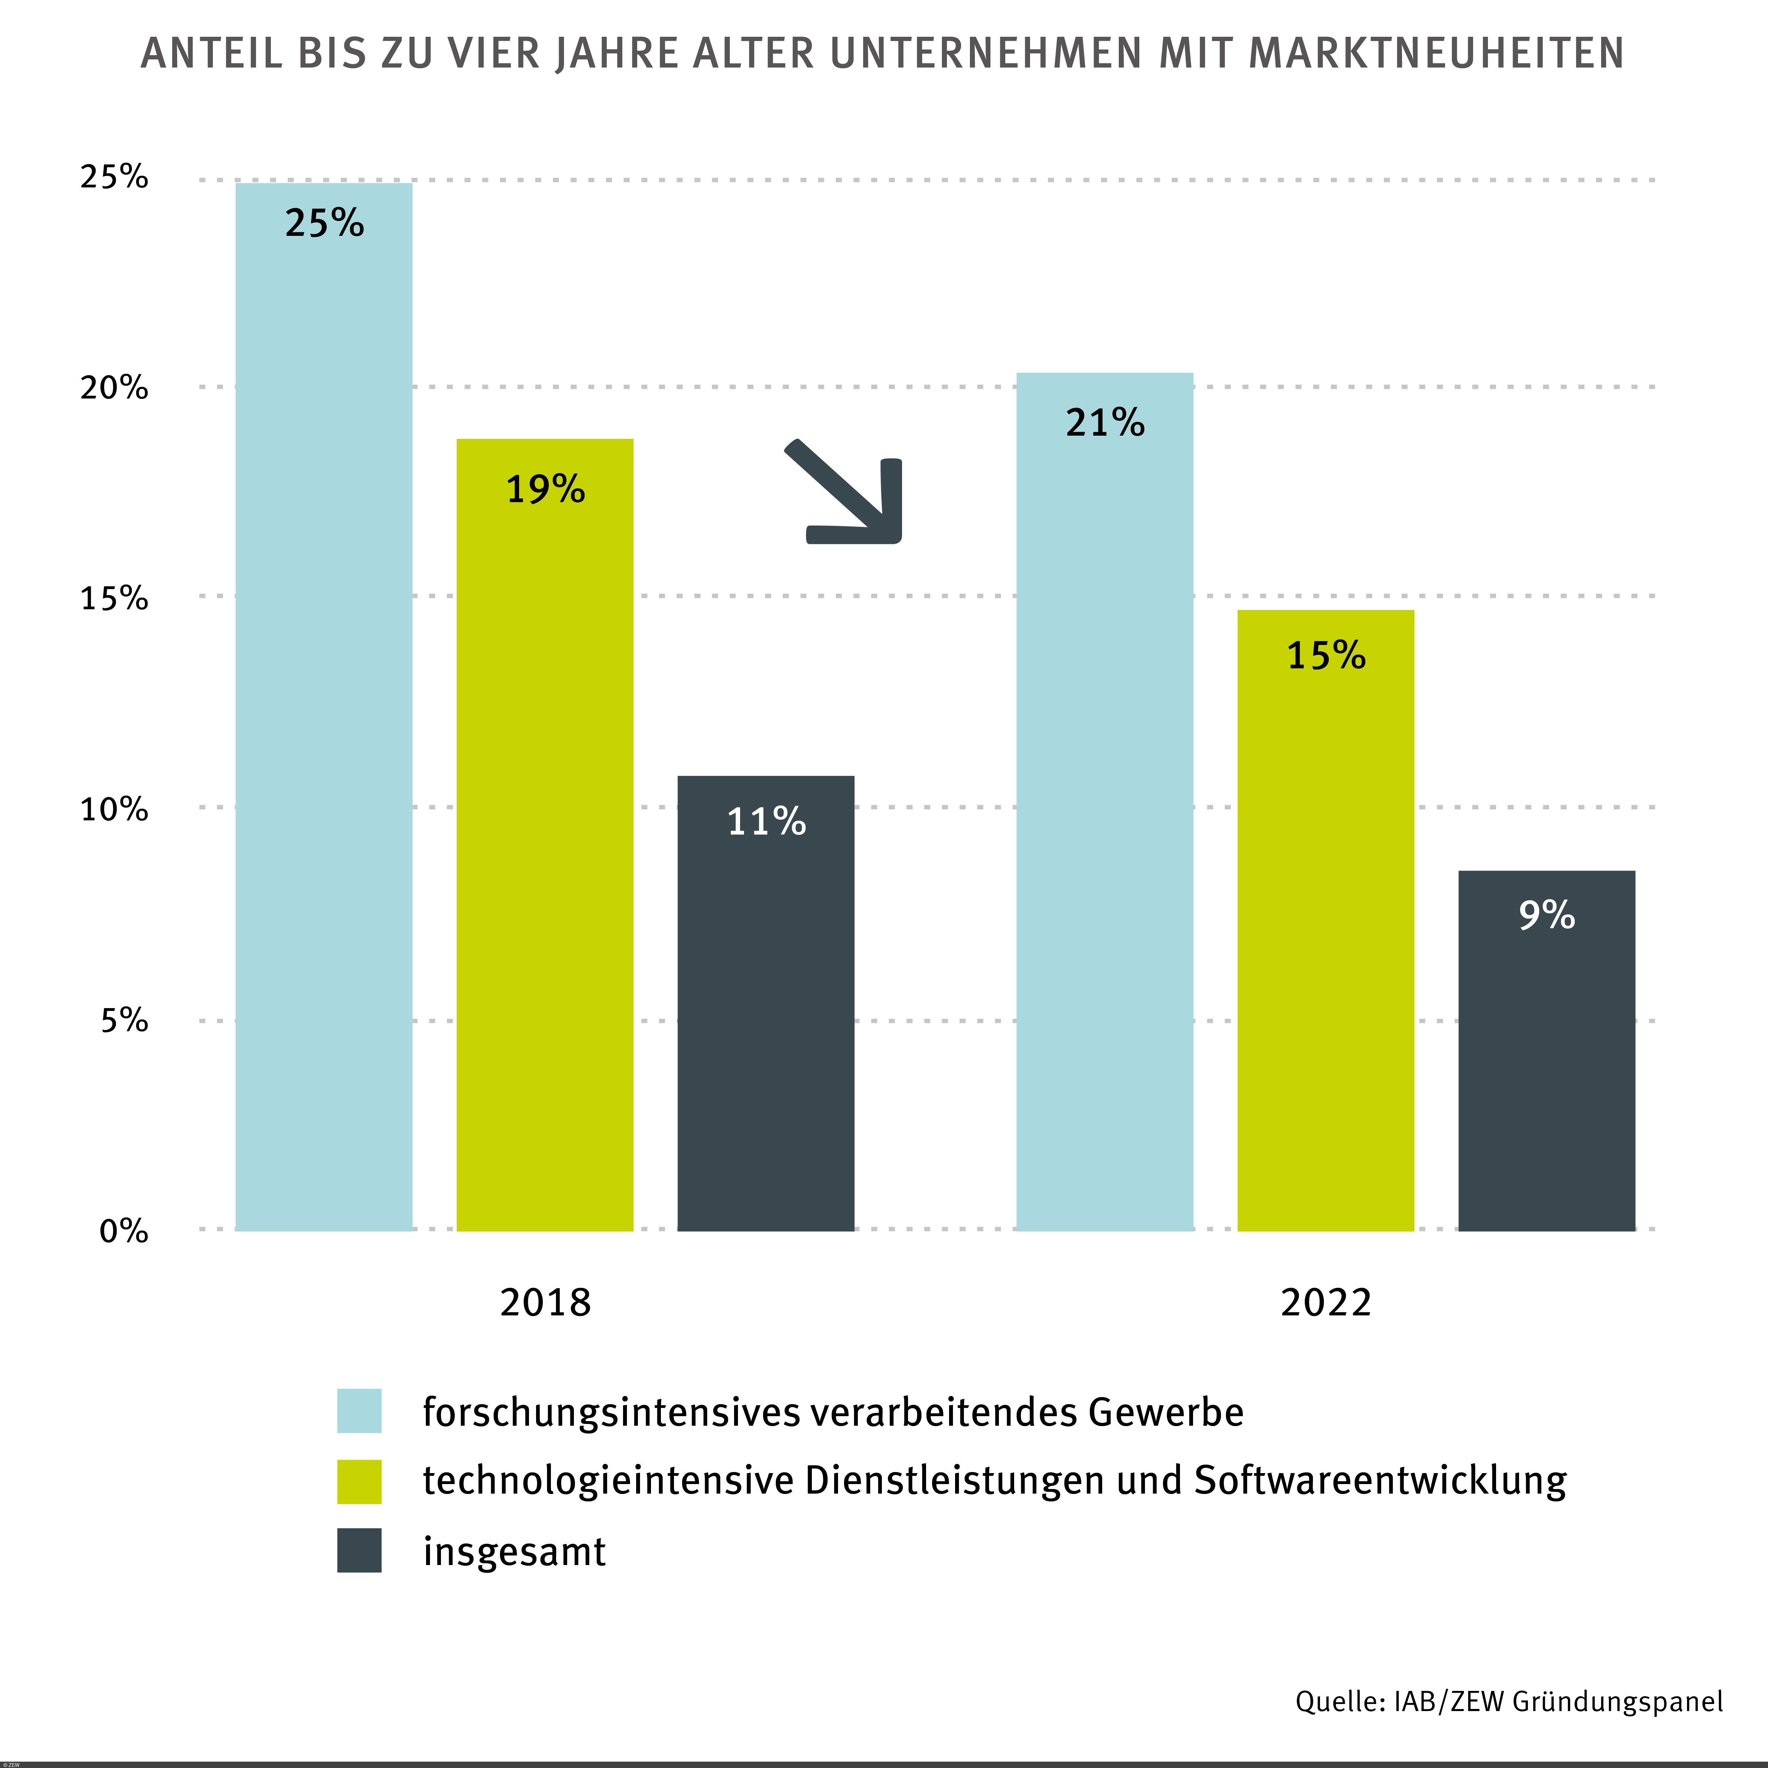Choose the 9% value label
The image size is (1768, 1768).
(1547, 915)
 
